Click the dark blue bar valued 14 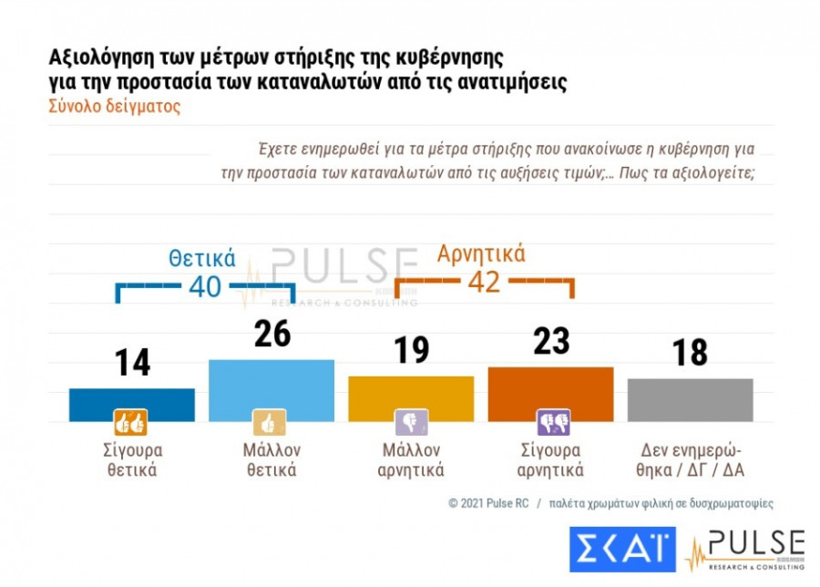coord(131,405)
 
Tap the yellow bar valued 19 coord(411,398)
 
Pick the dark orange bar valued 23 coord(550,394)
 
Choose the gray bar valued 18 coord(690,399)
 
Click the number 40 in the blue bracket coord(205,287)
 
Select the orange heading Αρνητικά coord(481,253)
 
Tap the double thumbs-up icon coord(130,423)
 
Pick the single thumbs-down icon coord(411,423)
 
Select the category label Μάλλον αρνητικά coord(411,460)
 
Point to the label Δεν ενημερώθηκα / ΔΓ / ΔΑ coord(690,460)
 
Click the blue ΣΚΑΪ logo coord(622,550)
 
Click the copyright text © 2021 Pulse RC coord(489,503)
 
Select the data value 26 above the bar coord(272,334)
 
